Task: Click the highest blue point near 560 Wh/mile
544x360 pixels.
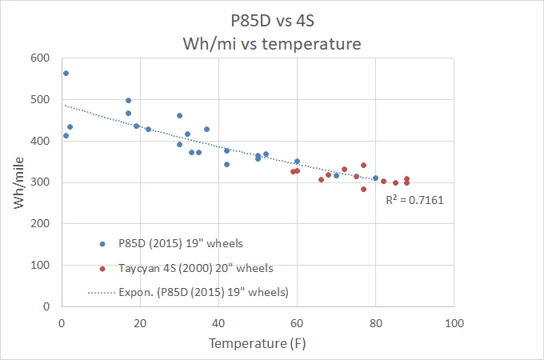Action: pyautogui.click(x=66, y=73)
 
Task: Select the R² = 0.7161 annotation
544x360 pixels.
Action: pyautogui.click(x=414, y=200)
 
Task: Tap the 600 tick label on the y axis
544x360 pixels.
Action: pyautogui.click(x=40, y=58)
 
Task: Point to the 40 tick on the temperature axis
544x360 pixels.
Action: pyautogui.click(x=218, y=323)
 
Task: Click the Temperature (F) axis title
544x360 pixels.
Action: pyautogui.click(x=257, y=343)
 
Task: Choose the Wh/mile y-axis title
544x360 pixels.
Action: pyautogui.click(x=18, y=182)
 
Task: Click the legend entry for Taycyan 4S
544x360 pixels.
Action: pyautogui.click(x=196, y=268)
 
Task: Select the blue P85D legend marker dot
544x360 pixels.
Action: pyautogui.click(x=102, y=244)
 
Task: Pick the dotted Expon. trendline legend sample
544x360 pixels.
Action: pyautogui.click(x=102, y=293)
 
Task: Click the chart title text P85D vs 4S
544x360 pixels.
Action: pyautogui.click(x=272, y=21)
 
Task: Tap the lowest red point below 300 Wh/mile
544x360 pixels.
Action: pyautogui.click(x=363, y=190)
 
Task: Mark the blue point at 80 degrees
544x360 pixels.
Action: pyautogui.click(x=375, y=178)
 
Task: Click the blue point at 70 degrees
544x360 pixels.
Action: pyautogui.click(x=336, y=175)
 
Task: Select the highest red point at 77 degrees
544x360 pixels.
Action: pyautogui.click(x=363, y=165)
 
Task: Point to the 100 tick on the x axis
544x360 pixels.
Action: pyautogui.click(x=454, y=323)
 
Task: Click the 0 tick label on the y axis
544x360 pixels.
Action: pyautogui.click(x=46, y=306)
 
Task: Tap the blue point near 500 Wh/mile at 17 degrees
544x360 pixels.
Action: pyautogui.click(x=128, y=100)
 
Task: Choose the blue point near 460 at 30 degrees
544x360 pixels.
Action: pyautogui.click(x=179, y=115)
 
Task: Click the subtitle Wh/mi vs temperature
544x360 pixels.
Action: pyautogui.click(x=272, y=44)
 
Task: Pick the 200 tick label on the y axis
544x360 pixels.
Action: pyautogui.click(x=40, y=223)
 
